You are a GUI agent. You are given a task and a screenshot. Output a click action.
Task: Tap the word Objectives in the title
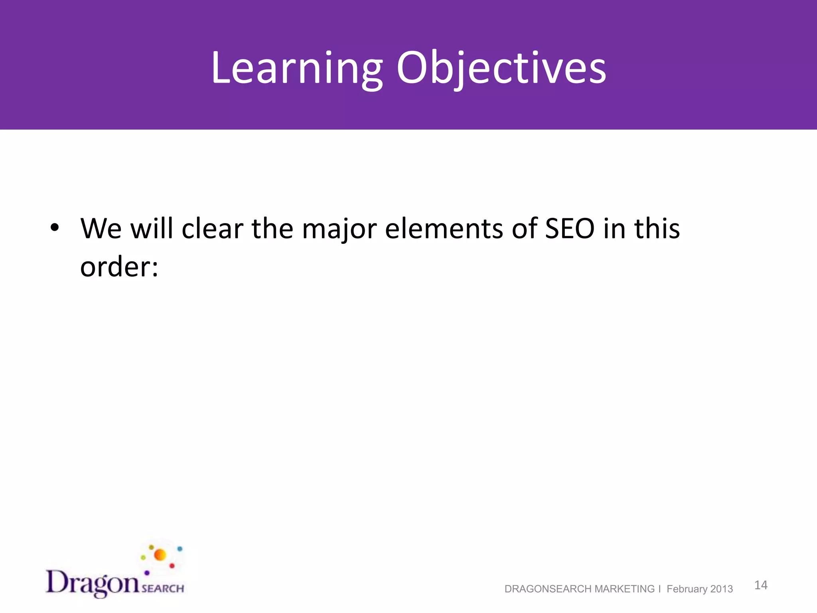click(x=501, y=69)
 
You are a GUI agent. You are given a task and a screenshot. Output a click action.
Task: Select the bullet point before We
click(x=55, y=228)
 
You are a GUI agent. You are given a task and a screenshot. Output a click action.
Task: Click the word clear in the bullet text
click(x=212, y=229)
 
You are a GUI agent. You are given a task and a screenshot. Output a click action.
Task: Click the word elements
click(x=444, y=229)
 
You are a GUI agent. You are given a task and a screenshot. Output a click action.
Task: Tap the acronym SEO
click(x=570, y=229)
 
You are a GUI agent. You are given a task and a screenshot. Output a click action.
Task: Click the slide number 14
click(x=761, y=585)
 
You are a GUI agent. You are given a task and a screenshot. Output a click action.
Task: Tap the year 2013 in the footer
click(x=722, y=589)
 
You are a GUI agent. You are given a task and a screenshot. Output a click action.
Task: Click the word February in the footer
click(x=686, y=589)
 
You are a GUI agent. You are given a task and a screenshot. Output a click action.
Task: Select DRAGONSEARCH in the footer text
click(x=548, y=589)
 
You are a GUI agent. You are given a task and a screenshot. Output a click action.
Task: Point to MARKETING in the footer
click(x=624, y=589)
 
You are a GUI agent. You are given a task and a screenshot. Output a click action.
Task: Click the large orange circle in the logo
click(x=160, y=555)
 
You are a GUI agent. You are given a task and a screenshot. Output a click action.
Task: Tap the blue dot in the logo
click(x=180, y=549)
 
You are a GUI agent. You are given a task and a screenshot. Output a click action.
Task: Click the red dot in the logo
click(x=172, y=566)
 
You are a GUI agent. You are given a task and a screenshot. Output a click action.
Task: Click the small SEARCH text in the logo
click(x=163, y=588)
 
